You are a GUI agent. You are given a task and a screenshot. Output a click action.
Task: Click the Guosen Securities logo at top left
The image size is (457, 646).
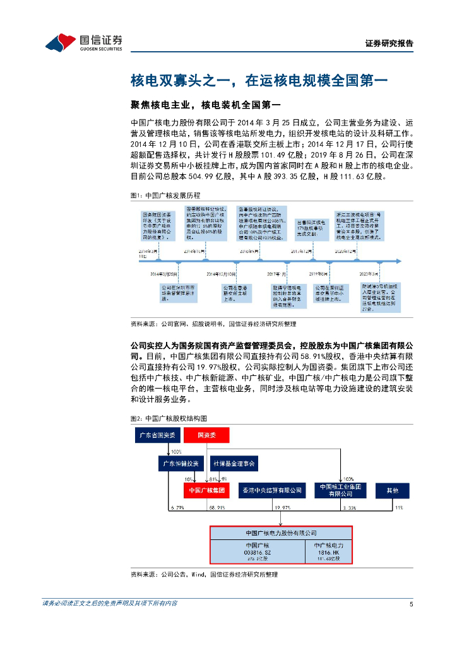(83, 42)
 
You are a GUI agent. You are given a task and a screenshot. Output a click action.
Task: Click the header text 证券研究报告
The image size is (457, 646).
(389, 44)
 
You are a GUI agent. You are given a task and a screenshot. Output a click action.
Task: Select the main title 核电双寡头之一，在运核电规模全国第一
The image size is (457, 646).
(263, 80)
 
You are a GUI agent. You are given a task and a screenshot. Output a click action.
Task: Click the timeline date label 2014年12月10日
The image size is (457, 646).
(221, 274)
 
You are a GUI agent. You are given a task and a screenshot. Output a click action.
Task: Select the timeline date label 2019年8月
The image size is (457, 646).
(319, 274)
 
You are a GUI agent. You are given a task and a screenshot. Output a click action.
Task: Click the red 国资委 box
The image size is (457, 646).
(206, 435)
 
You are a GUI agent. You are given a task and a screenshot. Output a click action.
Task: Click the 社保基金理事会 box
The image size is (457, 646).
(234, 464)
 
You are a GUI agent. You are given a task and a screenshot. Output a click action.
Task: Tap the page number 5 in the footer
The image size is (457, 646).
(411, 604)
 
